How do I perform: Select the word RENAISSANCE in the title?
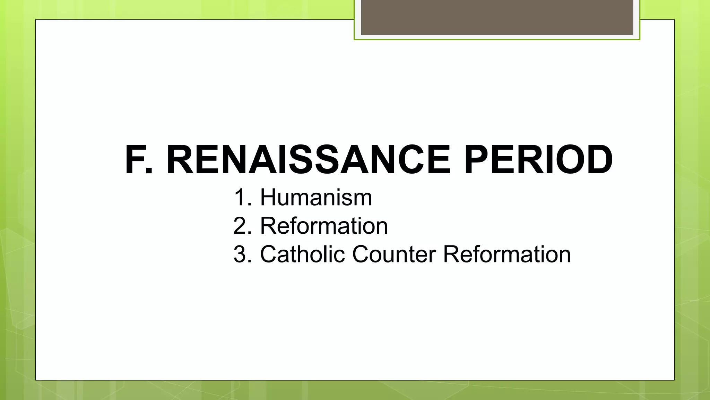coord(309,160)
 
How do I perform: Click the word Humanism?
coord(316,198)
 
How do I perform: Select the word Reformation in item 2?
coord(324,226)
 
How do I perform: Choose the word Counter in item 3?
coord(394,255)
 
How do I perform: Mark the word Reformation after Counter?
coord(507,255)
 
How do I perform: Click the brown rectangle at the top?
coord(497,17)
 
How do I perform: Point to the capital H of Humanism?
coord(270,198)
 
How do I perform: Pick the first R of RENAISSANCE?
coord(181,160)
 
